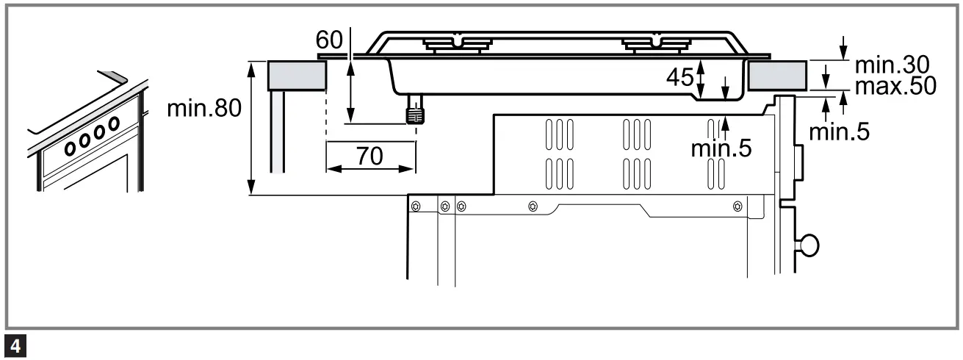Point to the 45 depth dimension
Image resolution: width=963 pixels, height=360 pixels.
(680, 76)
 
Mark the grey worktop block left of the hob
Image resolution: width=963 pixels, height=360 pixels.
(296, 75)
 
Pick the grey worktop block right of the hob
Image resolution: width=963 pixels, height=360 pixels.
(778, 75)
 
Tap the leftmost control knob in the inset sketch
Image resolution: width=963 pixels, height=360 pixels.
(71, 149)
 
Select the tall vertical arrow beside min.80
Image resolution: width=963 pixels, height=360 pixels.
(252, 128)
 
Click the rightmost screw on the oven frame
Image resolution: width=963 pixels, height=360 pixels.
(737, 206)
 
